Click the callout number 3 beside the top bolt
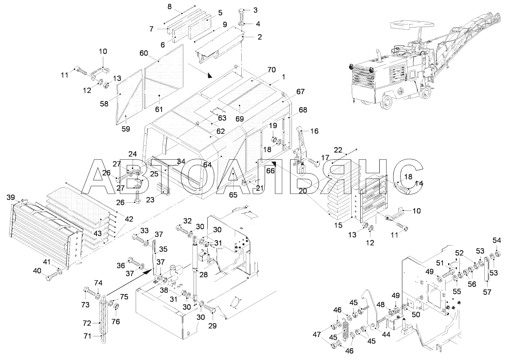click(255, 10)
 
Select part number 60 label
click(144, 53)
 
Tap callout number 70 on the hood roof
click(272, 70)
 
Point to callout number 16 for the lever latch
click(314, 131)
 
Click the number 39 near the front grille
click(11, 197)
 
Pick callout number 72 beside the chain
click(87, 323)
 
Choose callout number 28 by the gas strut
click(204, 275)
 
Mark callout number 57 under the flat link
click(487, 292)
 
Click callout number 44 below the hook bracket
click(386, 335)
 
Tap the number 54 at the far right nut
click(497, 240)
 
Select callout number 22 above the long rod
click(338, 150)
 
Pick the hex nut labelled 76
click(116, 306)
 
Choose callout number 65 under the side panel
click(233, 195)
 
